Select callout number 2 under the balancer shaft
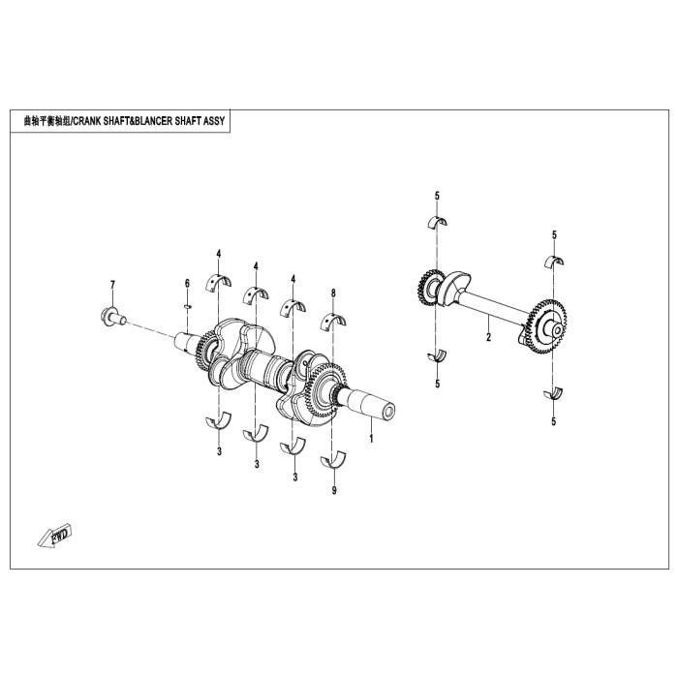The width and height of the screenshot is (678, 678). coord(488,338)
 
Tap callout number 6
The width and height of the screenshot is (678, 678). coord(188,283)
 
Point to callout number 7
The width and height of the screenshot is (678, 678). coord(112,284)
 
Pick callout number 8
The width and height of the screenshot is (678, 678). coord(333,292)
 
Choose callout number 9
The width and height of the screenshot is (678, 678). coord(334,491)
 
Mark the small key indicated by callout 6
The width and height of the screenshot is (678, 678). coord(188,304)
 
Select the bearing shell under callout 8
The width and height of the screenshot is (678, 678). coord(333,319)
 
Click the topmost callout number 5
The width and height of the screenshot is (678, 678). coord(437,196)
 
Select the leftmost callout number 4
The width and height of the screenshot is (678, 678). coord(219,254)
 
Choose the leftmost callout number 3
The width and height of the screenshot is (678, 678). coord(220,451)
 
